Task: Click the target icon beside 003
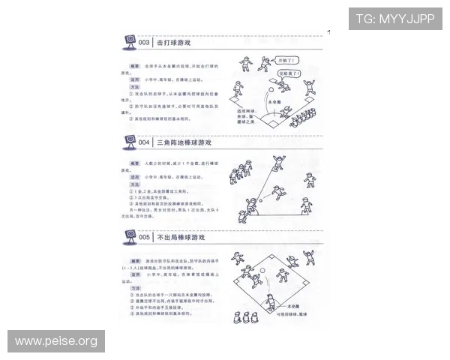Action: [x=127, y=42]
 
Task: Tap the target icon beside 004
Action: [x=127, y=141]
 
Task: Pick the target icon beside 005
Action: [x=127, y=236]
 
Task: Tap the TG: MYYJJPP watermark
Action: [x=394, y=18]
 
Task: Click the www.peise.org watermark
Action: [x=56, y=341]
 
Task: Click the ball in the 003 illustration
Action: [x=271, y=89]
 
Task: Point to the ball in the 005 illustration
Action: [x=264, y=271]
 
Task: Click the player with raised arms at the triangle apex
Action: [x=280, y=160]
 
